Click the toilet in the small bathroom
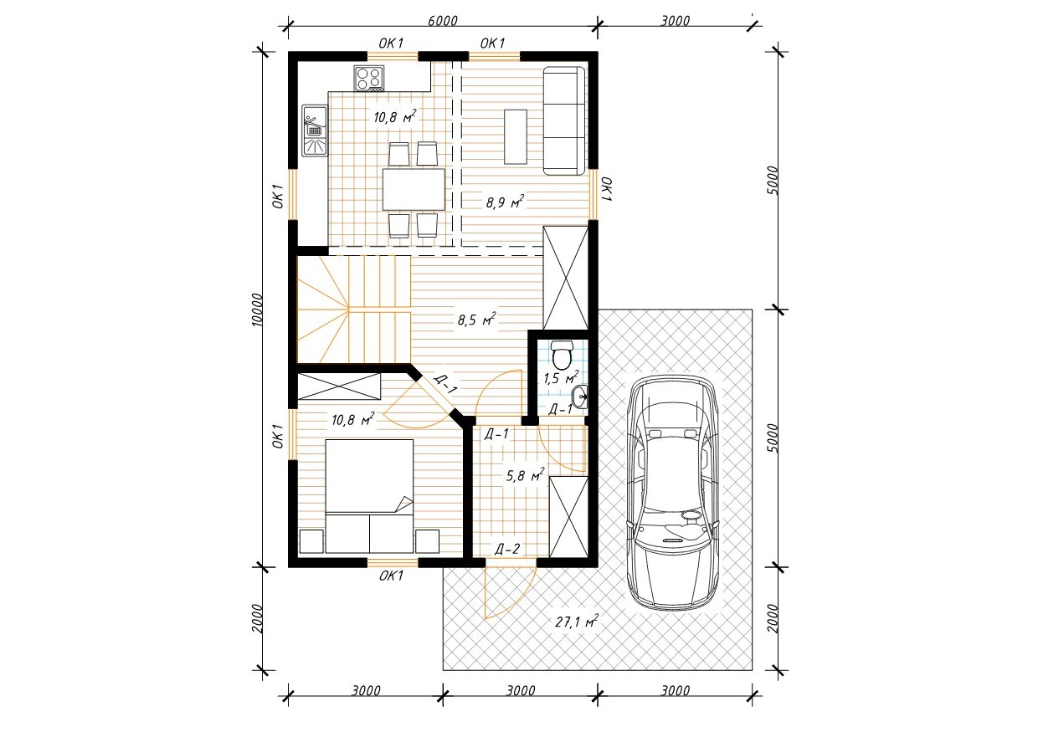click(x=562, y=356)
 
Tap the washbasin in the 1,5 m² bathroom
click(x=580, y=397)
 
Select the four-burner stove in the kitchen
click(x=369, y=79)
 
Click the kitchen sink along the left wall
click(x=315, y=131)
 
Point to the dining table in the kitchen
click(x=414, y=189)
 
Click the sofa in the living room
click(x=564, y=120)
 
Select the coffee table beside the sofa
click(x=516, y=136)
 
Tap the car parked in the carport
click(x=673, y=493)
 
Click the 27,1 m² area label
click(x=577, y=622)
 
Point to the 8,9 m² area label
click(x=505, y=202)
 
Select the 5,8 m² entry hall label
click(x=525, y=475)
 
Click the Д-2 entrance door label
click(x=507, y=549)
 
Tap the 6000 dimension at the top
click(x=443, y=21)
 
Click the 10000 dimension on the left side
click(x=257, y=310)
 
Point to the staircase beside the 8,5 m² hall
click(x=353, y=310)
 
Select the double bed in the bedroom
click(x=369, y=496)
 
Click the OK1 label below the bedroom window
click(x=391, y=576)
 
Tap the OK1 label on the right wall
click(x=607, y=189)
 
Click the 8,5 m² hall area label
click(x=477, y=319)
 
